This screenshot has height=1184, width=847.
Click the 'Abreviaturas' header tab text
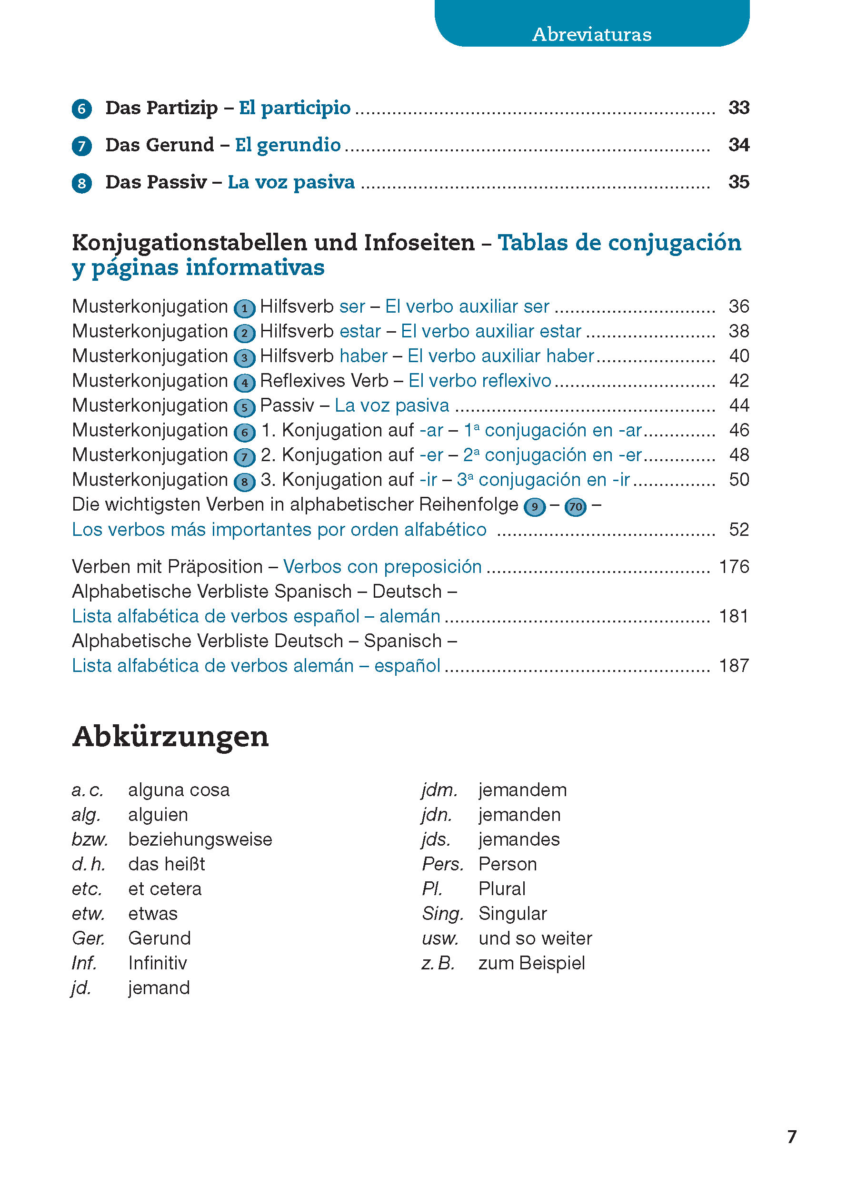591,34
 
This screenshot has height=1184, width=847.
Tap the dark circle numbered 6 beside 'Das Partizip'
82,109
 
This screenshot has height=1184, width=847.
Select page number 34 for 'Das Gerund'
738,145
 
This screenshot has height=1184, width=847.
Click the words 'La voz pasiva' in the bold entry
291,182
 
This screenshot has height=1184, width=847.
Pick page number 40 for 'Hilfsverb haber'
738,356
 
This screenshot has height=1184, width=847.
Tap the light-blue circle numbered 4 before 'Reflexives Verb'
244,383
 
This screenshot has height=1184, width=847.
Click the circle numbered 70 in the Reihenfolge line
575,507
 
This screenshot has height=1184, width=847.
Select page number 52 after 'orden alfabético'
738,530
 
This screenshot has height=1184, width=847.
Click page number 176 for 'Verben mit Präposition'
733,567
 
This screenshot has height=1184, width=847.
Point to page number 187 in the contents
733,666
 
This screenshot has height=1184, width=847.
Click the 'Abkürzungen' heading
170,737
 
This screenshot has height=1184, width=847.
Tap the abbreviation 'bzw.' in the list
90,839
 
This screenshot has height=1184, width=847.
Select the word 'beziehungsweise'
200,839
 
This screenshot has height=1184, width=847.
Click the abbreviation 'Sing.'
442,913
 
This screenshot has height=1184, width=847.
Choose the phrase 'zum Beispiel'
531,963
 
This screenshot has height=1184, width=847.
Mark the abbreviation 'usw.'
439,938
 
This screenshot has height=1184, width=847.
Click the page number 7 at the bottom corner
791,1137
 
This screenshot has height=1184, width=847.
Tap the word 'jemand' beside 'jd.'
159,988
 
